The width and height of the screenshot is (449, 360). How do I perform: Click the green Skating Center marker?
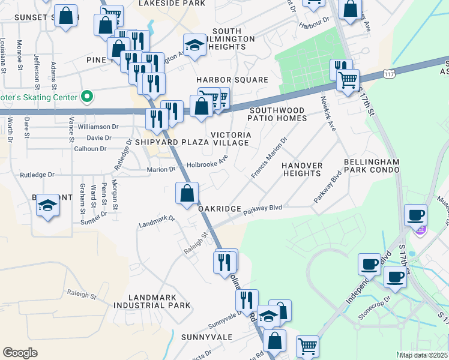87,97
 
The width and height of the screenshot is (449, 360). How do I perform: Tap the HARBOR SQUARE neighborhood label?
232,80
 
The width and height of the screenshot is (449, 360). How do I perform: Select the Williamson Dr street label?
98,127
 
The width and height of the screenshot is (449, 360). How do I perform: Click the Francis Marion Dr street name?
270,158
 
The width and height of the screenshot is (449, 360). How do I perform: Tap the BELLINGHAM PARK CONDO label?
372,166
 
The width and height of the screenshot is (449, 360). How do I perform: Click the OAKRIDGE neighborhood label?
220,209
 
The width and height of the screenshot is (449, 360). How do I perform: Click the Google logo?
20,353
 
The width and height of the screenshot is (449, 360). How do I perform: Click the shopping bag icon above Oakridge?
187,193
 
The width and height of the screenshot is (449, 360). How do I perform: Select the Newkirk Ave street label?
327,113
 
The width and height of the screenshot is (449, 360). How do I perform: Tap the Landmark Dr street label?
156,221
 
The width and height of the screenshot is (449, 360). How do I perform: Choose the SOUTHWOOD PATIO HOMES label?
278,114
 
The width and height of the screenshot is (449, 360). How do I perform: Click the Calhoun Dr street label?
91,149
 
